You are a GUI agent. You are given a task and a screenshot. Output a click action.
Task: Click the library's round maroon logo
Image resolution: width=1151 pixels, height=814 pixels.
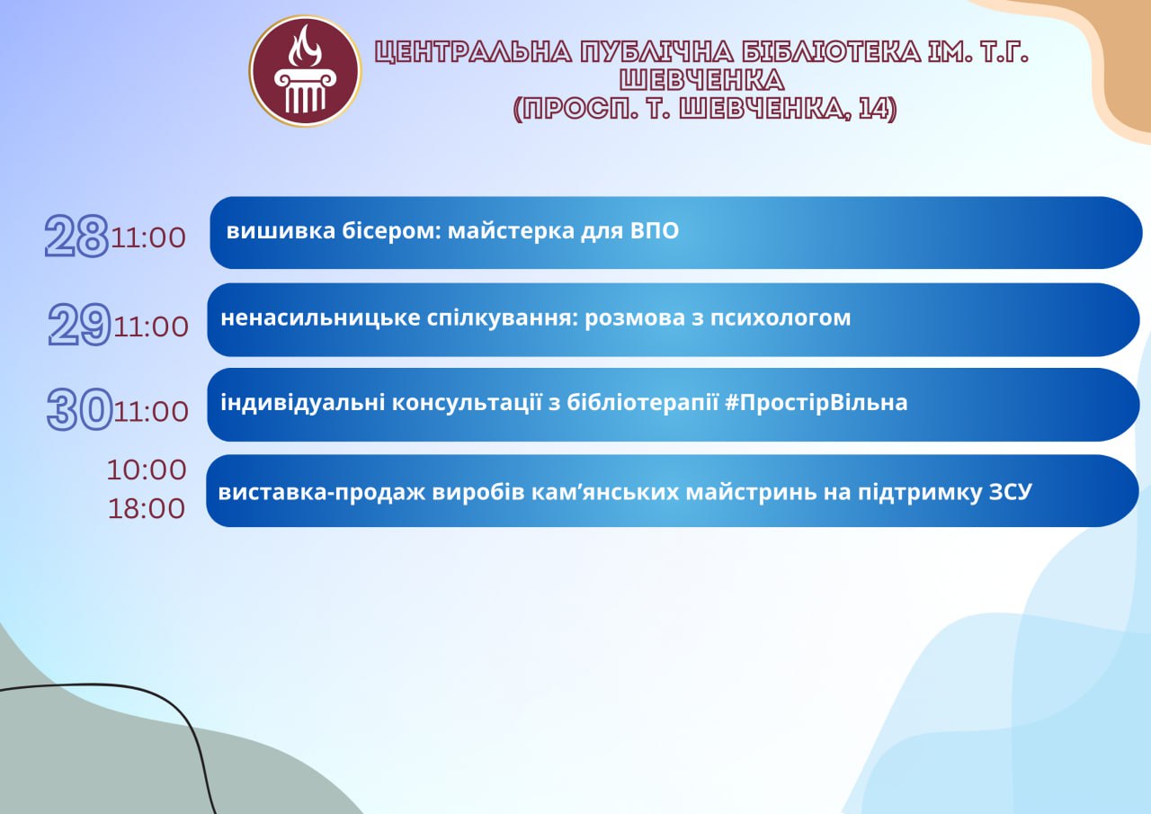[305, 71]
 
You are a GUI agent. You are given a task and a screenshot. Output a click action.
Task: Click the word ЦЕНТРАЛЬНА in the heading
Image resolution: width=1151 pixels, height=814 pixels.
[473, 52]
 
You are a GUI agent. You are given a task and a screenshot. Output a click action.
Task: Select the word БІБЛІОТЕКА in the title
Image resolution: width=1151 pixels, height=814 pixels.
[832, 52]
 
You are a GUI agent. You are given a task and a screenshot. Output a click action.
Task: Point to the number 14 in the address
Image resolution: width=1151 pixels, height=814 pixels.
[873, 109]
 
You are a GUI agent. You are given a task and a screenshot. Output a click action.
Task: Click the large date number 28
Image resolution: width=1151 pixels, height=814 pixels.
[76, 236]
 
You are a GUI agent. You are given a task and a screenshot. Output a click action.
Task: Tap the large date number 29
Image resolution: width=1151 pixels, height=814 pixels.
[79, 325]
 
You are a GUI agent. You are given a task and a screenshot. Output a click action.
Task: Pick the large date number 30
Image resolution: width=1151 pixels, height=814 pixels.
[80, 409]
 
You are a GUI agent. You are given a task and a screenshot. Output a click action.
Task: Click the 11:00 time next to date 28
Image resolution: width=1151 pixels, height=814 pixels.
[148, 238]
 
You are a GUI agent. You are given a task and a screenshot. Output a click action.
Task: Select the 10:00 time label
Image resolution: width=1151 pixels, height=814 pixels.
[147, 470]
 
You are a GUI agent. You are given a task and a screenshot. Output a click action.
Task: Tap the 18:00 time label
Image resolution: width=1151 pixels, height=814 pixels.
[147, 508]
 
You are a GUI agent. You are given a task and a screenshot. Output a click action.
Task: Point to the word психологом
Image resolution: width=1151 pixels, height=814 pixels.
[781, 318]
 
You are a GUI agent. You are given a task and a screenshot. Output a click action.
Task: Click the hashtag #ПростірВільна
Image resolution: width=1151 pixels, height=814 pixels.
[816, 403]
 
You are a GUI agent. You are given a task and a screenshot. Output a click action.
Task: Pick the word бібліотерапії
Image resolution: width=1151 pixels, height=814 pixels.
[642, 403]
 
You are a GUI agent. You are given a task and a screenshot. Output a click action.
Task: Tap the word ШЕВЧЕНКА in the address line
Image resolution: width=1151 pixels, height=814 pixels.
[763, 109]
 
